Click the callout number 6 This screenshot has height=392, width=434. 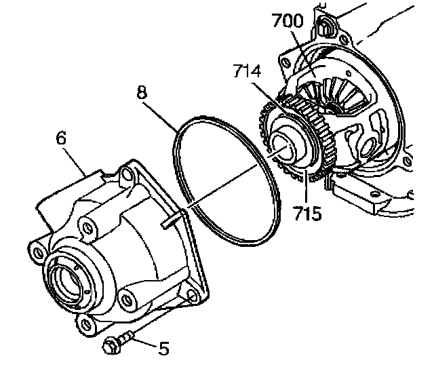(x=61, y=138)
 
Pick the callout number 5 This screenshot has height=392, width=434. (x=163, y=349)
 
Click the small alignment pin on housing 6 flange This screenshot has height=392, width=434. (x=172, y=217)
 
